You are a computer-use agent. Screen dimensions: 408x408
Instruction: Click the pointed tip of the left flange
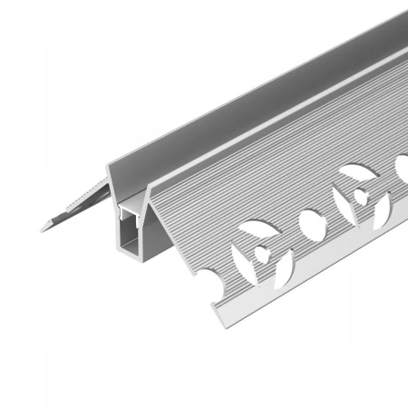[x=43, y=228]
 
